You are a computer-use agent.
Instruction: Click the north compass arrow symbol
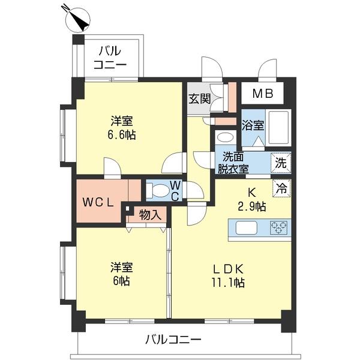pyautogui.click(x=75, y=19)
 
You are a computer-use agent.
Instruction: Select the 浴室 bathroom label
pyautogui.click(x=252, y=125)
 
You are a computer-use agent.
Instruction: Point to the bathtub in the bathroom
pyautogui.click(x=278, y=127)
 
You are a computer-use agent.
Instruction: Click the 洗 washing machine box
pyautogui.click(x=280, y=161)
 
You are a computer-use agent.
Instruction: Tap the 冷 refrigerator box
pyautogui.click(x=281, y=187)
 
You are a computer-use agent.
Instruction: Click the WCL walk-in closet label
pyautogui.click(x=98, y=202)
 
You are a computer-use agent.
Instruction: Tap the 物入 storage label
pyautogui.click(x=149, y=214)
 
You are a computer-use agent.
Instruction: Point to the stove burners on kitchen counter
pyautogui.click(x=278, y=227)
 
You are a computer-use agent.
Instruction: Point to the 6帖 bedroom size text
pyautogui.click(x=121, y=281)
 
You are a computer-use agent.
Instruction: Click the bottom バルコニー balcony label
pyautogui.click(x=173, y=340)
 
